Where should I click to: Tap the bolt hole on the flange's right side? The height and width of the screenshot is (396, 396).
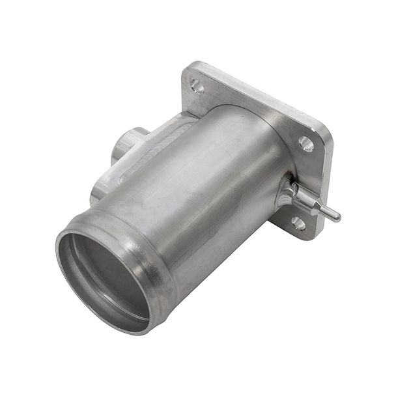point(306,143)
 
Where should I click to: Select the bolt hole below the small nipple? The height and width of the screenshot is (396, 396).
point(298,223)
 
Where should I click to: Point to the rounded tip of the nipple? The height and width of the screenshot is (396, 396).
point(337,217)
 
